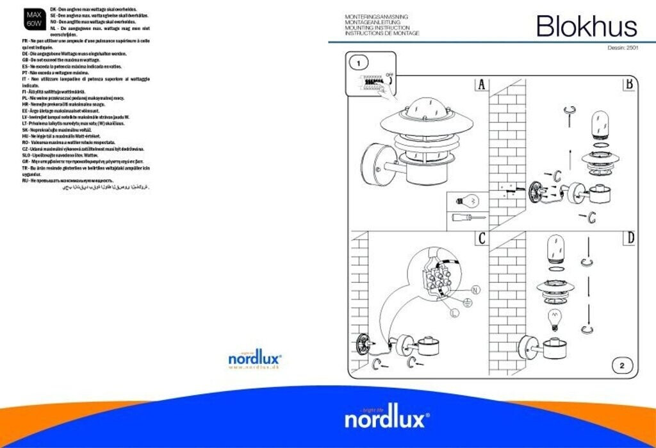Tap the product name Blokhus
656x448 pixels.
[x=586, y=26]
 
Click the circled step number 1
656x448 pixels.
[x=359, y=63]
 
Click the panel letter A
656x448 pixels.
[x=481, y=85]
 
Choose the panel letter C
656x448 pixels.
[x=481, y=238]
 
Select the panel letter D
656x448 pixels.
[x=630, y=238]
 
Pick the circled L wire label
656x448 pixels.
[x=454, y=313]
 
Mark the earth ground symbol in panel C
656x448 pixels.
[x=468, y=301]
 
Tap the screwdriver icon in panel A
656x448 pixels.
[x=466, y=218]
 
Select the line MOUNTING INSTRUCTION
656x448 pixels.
[x=377, y=28]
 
